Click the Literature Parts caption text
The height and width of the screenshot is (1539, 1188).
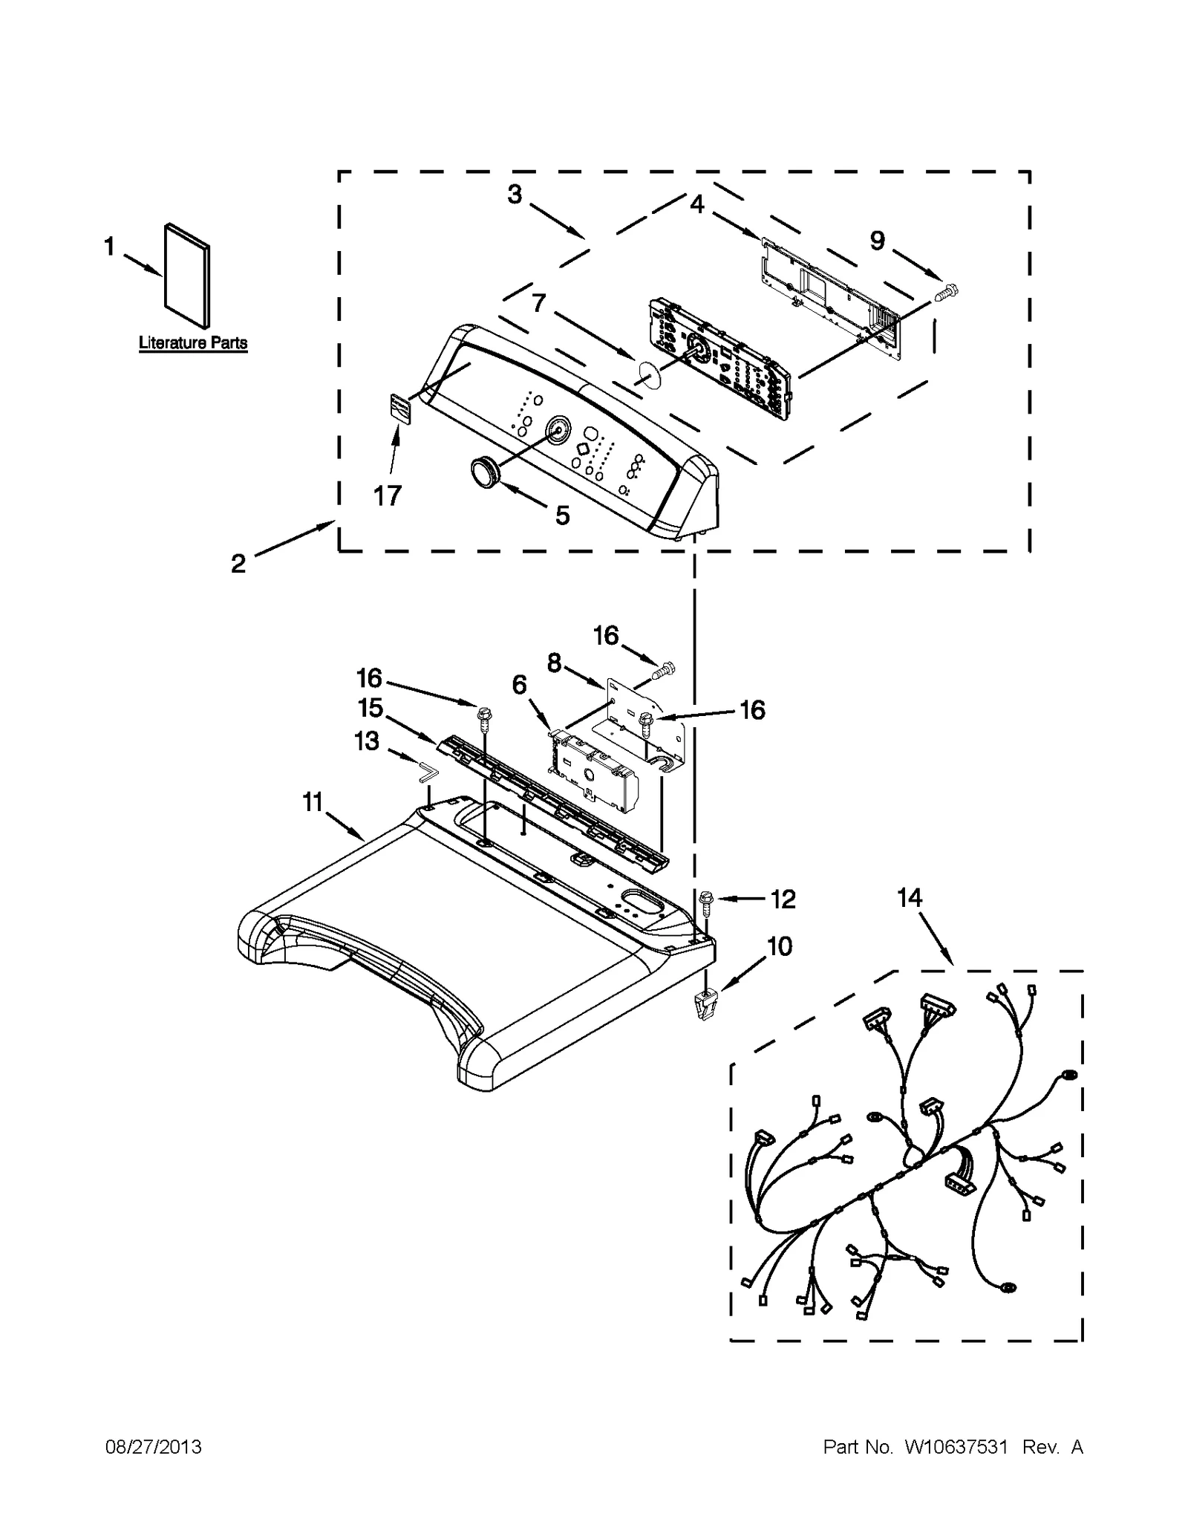(x=193, y=343)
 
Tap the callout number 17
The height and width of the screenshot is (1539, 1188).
(x=387, y=495)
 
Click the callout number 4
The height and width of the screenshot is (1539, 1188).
(x=696, y=203)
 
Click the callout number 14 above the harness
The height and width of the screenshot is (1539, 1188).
(x=909, y=898)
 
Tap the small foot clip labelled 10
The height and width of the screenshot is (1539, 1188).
(x=704, y=1006)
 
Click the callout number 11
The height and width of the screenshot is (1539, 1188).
(x=313, y=802)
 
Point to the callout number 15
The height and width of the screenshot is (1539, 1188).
(x=370, y=708)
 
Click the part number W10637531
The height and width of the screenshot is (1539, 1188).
(x=955, y=1447)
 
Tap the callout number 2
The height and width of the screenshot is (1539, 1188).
(x=238, y=564)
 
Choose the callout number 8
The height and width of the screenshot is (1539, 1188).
(x=554, y=663)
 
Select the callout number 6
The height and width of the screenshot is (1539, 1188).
(x=519, y=685)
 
